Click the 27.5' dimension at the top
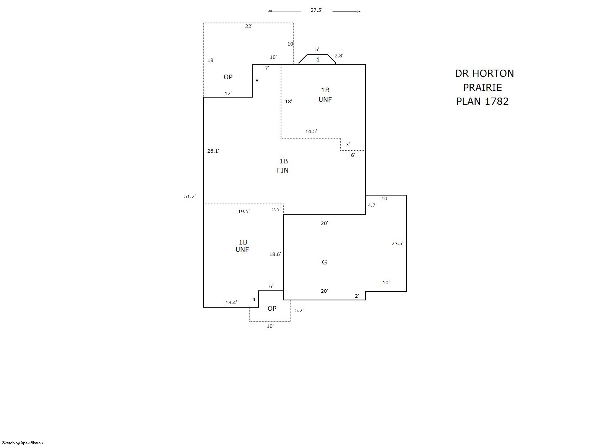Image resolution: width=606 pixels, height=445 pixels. pyautogui.click(x=316, y=10)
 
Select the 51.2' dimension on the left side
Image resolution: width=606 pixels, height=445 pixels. pyautogui.click(x=190, y=197)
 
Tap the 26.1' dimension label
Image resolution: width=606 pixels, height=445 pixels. pyautogui.click(x=213, y=151)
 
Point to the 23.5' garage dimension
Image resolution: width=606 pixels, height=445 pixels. pyautogui.click(x=397, y=243)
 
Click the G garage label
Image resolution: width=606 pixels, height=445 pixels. pyautogui.click(x=324, y=262)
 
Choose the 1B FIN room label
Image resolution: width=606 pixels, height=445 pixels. pyautogui.click(x=283, y=166)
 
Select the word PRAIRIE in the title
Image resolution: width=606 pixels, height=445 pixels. pyautogui.click(x=482, y=88)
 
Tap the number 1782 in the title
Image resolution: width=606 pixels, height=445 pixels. pyautogui.click(x=496, y=101)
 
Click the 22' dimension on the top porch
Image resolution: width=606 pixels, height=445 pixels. pyautogui.click(x=249, y=26)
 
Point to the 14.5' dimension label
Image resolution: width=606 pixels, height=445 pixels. pyautogui.click(x=311, y=132)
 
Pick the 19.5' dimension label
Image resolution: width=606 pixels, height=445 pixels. pyautogui.click(x=244, y=211)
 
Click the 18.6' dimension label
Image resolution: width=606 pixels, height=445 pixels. pyautogui.click(x=275, y=254)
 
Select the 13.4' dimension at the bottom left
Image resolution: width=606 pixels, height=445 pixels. pyautogui.click(x=231, y=303)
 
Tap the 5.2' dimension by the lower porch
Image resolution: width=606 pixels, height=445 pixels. pyautogui.click(x=299, y=311)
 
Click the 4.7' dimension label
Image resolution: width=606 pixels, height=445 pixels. pyautogui.click(x=372, y=205)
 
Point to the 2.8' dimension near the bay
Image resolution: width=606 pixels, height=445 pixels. pyautogui.click(x=339, y=56)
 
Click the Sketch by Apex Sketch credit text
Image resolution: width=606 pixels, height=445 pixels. pyautogui.click(x=23, y=443)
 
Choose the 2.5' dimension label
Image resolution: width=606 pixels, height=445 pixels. pyautogui.click(x=276, y=210)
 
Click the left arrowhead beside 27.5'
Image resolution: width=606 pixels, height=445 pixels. pyautogui.click(x=270, y=11)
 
